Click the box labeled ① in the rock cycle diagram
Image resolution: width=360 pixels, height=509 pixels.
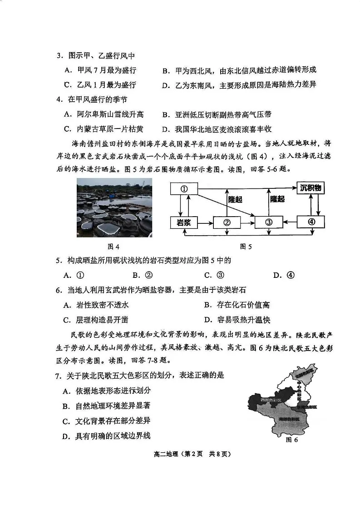pyautogui.click(x=184, y=189)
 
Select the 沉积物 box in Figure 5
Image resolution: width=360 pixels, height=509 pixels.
pyautogui.click(x=311, y=188)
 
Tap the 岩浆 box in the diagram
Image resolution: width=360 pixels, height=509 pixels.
pyautogui.click(x=184, y=222)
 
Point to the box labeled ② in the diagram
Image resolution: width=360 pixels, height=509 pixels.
pyautogui.click(x=227, y=222)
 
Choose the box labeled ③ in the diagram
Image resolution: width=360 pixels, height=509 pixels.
pyautogui.click(x=268, y=222)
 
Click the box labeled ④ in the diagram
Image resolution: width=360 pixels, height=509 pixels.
pyautogui.click(x=311, y=222)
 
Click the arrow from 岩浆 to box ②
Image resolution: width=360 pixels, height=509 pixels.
pyautogui.click(x=205, y=222)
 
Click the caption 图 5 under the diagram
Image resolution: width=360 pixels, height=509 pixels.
pyautogui.click(x=246, y=247)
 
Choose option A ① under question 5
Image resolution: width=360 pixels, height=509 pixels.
pyautogui.click(x=74, y=275)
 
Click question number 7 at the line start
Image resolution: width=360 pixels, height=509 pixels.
pyautogui.click(x=58, y=376)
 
